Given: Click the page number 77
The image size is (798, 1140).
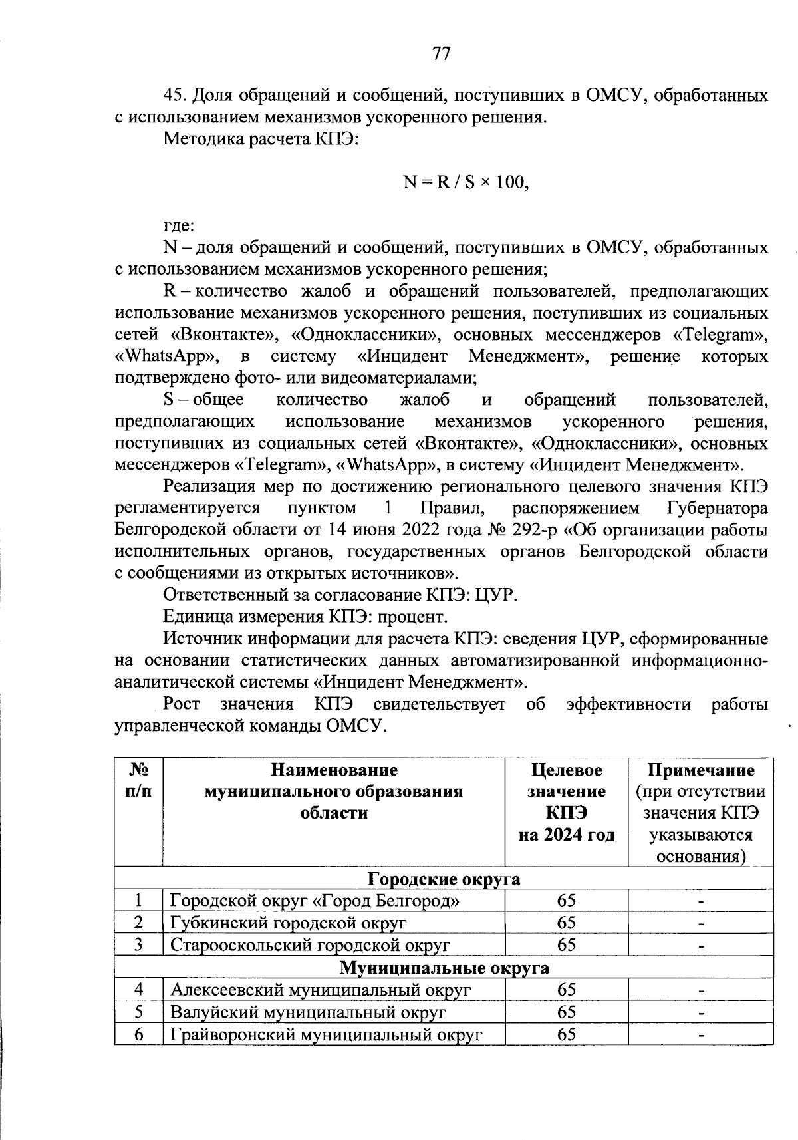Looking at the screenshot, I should pos(441,53).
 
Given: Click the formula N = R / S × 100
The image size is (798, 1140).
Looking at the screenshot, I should pos(465,182).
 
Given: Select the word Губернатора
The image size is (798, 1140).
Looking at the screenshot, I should pos(716,509).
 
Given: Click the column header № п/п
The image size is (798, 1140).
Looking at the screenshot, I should pos(138,781).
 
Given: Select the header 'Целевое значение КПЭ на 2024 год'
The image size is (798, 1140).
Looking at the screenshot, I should pos(567,802).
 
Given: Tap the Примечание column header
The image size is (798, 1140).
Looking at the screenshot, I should pos(701,770).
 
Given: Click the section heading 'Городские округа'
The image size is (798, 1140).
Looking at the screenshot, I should pos(444,879).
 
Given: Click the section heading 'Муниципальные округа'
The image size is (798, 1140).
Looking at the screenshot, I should pos(444,967).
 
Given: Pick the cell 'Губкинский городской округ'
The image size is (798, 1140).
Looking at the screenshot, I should pos(289,923).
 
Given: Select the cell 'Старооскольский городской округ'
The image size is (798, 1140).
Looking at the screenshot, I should pos(311,945).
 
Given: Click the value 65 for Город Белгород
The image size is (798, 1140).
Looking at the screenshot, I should pos(567,901).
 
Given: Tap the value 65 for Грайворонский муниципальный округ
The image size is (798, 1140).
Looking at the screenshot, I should pos(567,1034).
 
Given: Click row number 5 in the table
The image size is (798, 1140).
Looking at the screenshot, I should pos(138,1012).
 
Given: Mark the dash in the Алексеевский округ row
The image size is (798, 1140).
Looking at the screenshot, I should pos(701,990).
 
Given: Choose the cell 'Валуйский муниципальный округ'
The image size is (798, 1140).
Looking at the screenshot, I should pos(308,1012).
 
